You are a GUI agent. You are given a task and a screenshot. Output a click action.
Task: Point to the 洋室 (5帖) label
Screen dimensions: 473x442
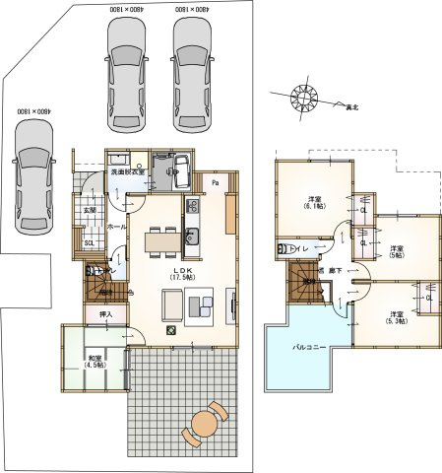click(397, 252)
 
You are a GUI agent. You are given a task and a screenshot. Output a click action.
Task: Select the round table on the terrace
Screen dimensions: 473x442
click(205, 423)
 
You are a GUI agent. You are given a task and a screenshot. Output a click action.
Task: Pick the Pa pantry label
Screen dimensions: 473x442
click(215, 182)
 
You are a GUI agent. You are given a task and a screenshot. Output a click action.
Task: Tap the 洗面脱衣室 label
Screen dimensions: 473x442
click(127, 171)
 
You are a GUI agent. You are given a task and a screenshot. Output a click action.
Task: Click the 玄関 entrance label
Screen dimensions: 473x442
click(89, 209)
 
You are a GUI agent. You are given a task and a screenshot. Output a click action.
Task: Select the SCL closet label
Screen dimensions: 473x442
click(89, 243)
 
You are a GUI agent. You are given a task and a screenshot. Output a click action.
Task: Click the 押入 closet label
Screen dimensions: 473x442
click(105, 314)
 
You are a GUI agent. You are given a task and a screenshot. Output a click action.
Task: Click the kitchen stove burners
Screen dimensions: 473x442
click(192, 206)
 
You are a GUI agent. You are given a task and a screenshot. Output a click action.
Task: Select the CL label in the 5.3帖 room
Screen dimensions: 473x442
click(429, 298)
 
